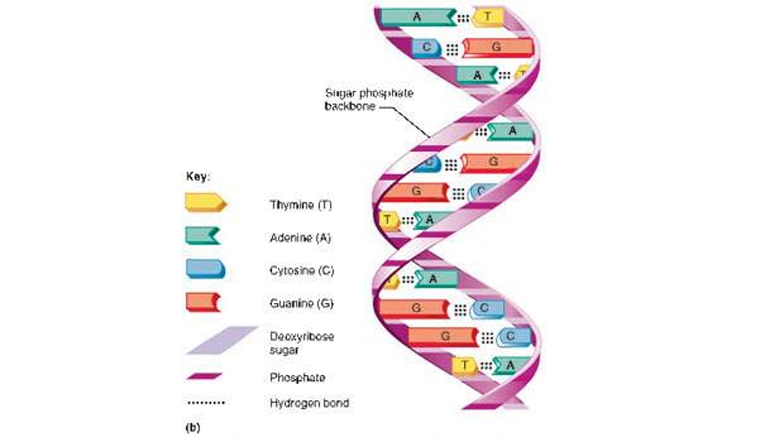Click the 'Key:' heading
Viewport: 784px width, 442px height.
197,176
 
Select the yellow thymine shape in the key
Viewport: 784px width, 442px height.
205,203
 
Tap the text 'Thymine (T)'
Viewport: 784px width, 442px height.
301,205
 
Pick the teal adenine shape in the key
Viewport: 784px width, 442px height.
203,235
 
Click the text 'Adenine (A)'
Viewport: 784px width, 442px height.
301,238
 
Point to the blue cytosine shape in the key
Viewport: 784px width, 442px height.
205,268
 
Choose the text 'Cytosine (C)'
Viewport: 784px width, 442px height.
302,270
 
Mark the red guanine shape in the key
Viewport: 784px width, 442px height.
203,302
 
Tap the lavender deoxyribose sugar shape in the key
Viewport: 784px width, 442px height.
221,340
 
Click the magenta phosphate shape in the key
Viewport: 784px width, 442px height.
204,376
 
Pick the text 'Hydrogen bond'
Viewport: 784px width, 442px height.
309,403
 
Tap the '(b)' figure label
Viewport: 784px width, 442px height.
193,428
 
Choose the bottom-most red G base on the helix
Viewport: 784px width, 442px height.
444,336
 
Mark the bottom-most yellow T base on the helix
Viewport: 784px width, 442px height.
465,365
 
